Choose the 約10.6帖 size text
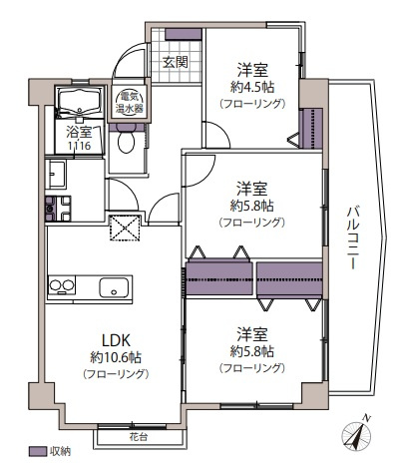click(115, 355)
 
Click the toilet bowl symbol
click(126, 143)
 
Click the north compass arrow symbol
click(354, 435)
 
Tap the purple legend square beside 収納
click(38, 452)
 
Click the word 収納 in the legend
click(60, 452)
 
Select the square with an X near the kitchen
click(123, 228)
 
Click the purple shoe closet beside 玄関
click(183, 36)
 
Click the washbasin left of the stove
click(55, 177)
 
